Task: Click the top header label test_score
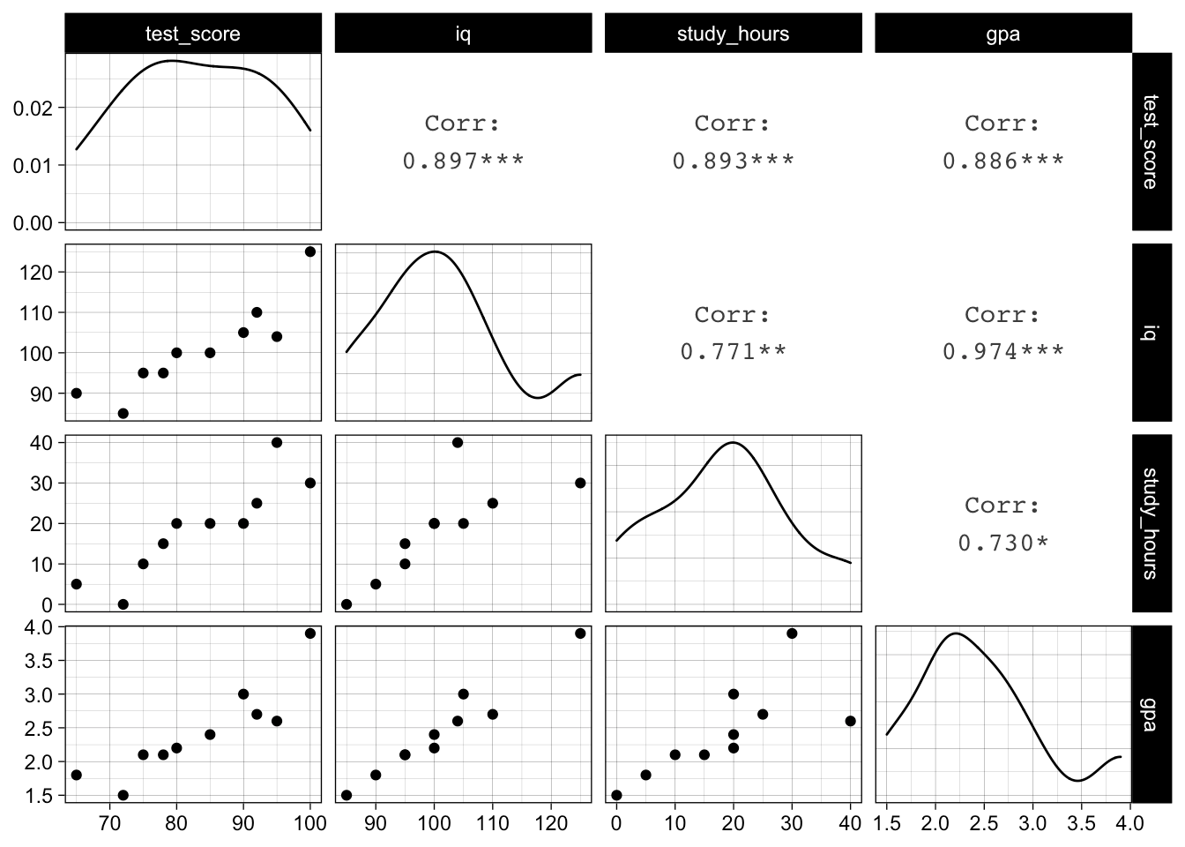click(192, 34)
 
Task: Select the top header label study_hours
click(733, 34)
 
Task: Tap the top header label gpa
click(1002, 34)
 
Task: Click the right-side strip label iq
click(1150, 333)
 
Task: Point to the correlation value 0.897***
click(464, 161)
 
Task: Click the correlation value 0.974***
click(1003, 351)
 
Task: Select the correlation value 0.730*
click(1003, 542)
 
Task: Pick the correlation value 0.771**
click(733, 351)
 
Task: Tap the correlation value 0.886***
click(1003, 161)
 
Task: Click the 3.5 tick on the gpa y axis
click(41, 661)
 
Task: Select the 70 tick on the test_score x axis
click(109, 823)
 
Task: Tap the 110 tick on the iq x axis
click(492, 823)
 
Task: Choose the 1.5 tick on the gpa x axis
click(887, 823)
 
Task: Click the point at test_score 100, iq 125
click(310, 251)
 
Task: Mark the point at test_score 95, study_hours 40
click(277, 442)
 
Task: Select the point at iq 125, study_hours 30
click(580, 483)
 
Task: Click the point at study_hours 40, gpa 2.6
click(850, 721)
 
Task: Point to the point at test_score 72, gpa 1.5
click(123, 795)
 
